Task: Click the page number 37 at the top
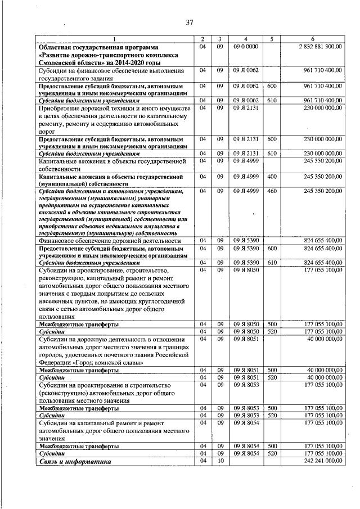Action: coord(190,22)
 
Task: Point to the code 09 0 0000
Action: coord(245,46)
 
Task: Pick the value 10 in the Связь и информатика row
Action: coord(220,461)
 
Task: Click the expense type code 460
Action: coord(272,191)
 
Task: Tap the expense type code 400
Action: coord(272,177)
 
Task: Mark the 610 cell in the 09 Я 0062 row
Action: coord(272,100)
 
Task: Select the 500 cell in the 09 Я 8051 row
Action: coord(272,370)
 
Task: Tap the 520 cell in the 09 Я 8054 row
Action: coord(272,452)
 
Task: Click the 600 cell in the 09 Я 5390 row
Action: coord(272,248)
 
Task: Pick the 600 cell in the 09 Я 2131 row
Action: coord(272,138)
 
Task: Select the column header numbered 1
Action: coord(113,38)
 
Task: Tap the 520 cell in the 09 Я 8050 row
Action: coord(272,332)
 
